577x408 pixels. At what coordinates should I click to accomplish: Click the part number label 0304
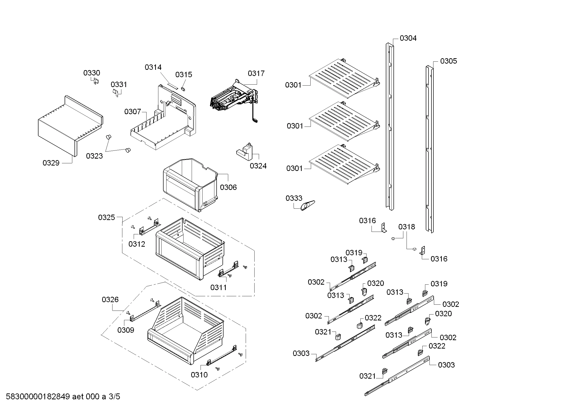pos(408,38)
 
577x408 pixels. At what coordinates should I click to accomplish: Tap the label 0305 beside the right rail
pos(448,61)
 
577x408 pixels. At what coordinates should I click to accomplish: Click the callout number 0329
pos(51,163)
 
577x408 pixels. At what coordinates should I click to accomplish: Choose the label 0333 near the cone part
pos(294,198)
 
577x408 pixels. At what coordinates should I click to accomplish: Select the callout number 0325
pos(106,218)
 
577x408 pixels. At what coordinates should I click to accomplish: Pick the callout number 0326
pos(110,299)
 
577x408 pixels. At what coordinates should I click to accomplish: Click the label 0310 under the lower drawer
pos(199,375)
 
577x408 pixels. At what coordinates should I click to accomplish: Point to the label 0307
pos(132,111)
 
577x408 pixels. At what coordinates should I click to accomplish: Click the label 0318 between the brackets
pos(406,227)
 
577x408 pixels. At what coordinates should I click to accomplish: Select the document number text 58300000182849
pos(38,397)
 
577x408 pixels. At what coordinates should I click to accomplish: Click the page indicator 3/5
pos(114,397)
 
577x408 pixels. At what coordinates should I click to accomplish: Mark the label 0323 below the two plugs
pos(94,156)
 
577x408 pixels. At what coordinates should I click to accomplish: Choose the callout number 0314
pos(153,67)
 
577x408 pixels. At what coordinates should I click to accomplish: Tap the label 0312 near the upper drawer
pos(136,244)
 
